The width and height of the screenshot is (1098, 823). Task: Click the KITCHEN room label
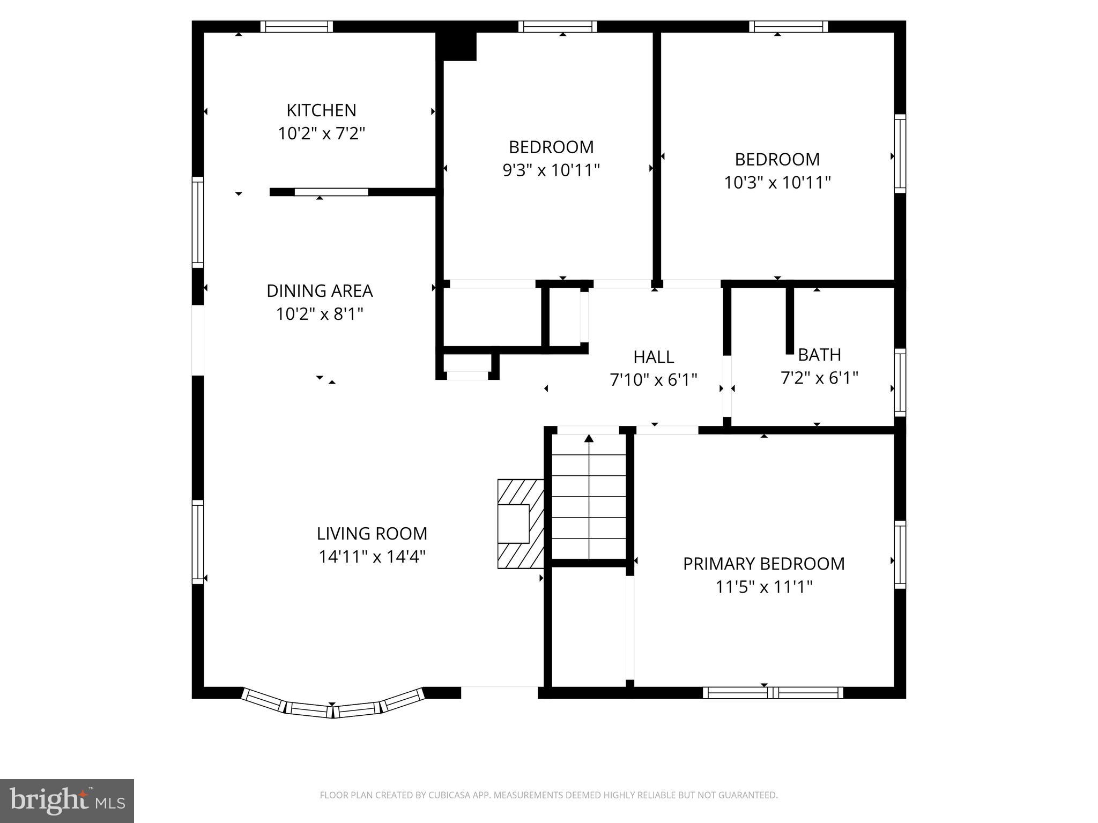321,110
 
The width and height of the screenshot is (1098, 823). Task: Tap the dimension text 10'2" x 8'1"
320,314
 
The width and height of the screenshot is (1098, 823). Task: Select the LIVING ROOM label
372,534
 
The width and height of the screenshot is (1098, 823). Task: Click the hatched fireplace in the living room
520,523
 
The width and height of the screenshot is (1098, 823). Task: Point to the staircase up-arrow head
589,438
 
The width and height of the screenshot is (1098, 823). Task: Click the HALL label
654,357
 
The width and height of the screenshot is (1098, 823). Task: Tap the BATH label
819,355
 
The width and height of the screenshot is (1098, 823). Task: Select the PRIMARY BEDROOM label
763,564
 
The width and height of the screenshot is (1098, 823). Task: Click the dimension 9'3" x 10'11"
551,170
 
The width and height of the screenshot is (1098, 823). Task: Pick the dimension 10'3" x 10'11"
777,183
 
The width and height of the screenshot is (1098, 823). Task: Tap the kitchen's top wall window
296,27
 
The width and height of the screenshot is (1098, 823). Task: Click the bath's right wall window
900,382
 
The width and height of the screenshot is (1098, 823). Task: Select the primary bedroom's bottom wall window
773,693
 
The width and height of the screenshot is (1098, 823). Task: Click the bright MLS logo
67,800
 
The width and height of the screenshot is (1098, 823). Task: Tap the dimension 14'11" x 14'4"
372,557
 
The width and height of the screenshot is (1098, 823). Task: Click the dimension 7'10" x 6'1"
654,380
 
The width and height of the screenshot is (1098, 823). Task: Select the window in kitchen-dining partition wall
331,192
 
